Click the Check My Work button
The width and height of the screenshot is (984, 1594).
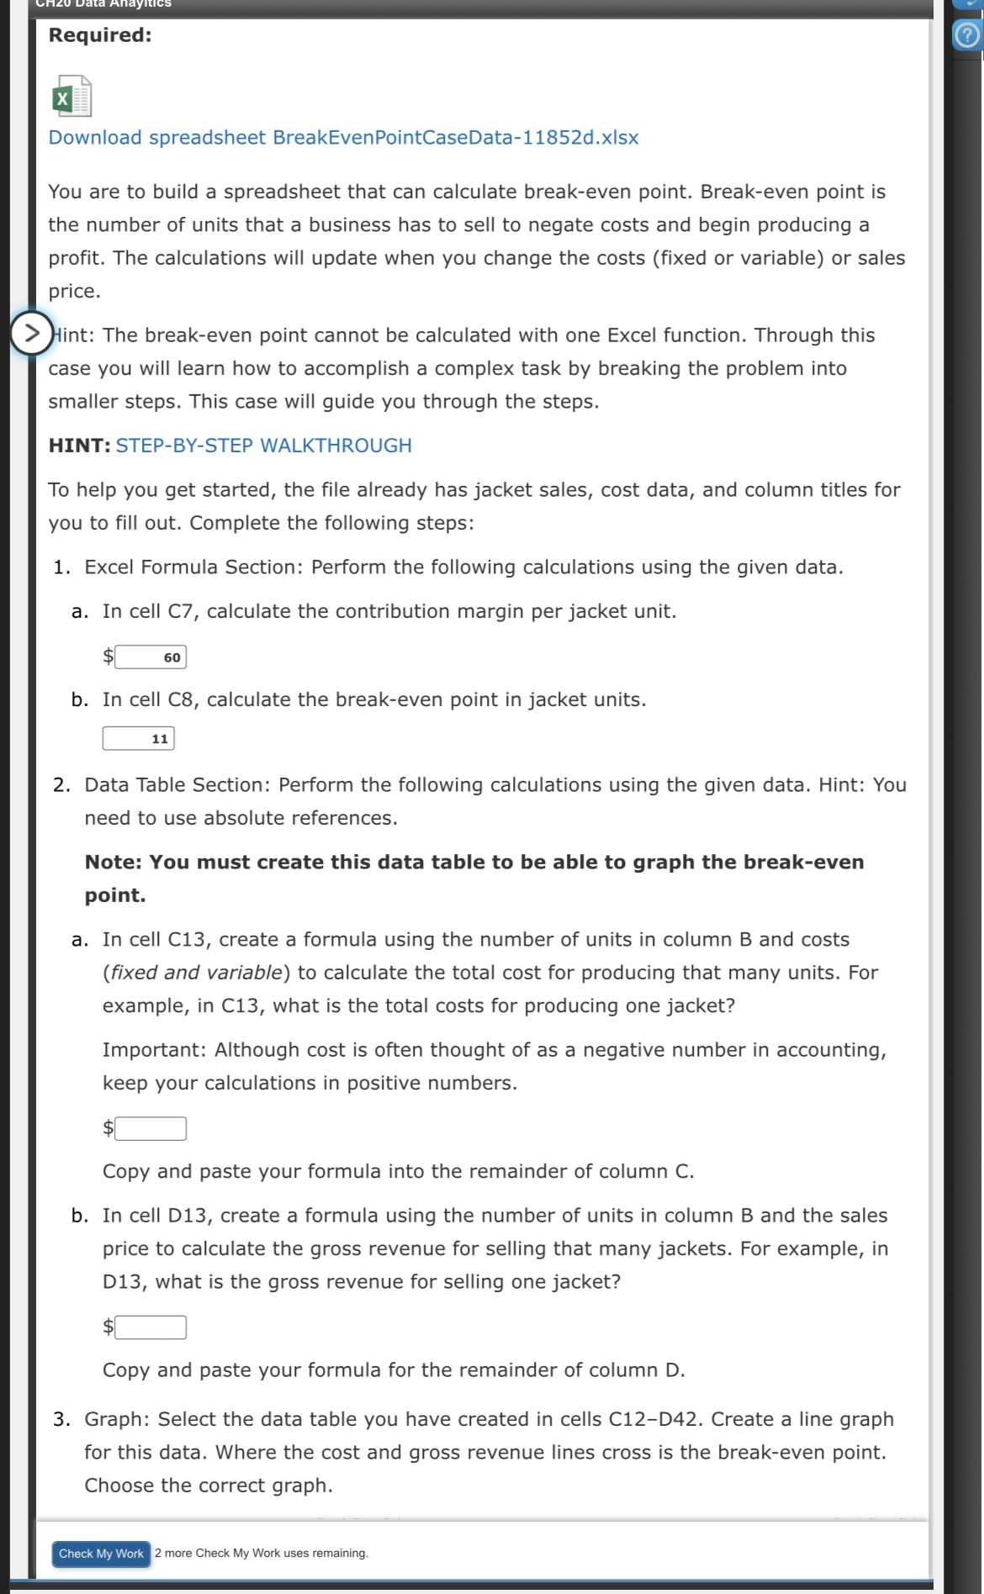point(101,1554)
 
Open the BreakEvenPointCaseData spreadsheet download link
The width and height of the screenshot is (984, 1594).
point(343,138)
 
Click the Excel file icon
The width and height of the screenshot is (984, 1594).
point(71,97)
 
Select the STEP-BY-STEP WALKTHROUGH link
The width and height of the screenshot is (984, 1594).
point(263,446)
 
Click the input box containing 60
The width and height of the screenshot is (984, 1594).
point(151,657)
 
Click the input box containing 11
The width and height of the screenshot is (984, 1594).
point(139,738)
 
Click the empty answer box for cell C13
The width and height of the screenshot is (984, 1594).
point(151,1128)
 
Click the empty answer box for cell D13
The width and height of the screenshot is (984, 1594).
point(151,1327)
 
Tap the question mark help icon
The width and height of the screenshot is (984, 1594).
point(968,36)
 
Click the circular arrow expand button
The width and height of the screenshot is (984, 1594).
point(31,333)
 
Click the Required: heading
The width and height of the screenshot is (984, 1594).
point(100,35)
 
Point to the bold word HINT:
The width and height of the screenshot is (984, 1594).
point(79,446)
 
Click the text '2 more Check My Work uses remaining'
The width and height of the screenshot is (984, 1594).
point(262,1554)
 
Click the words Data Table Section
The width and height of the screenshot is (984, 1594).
point(177,785)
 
